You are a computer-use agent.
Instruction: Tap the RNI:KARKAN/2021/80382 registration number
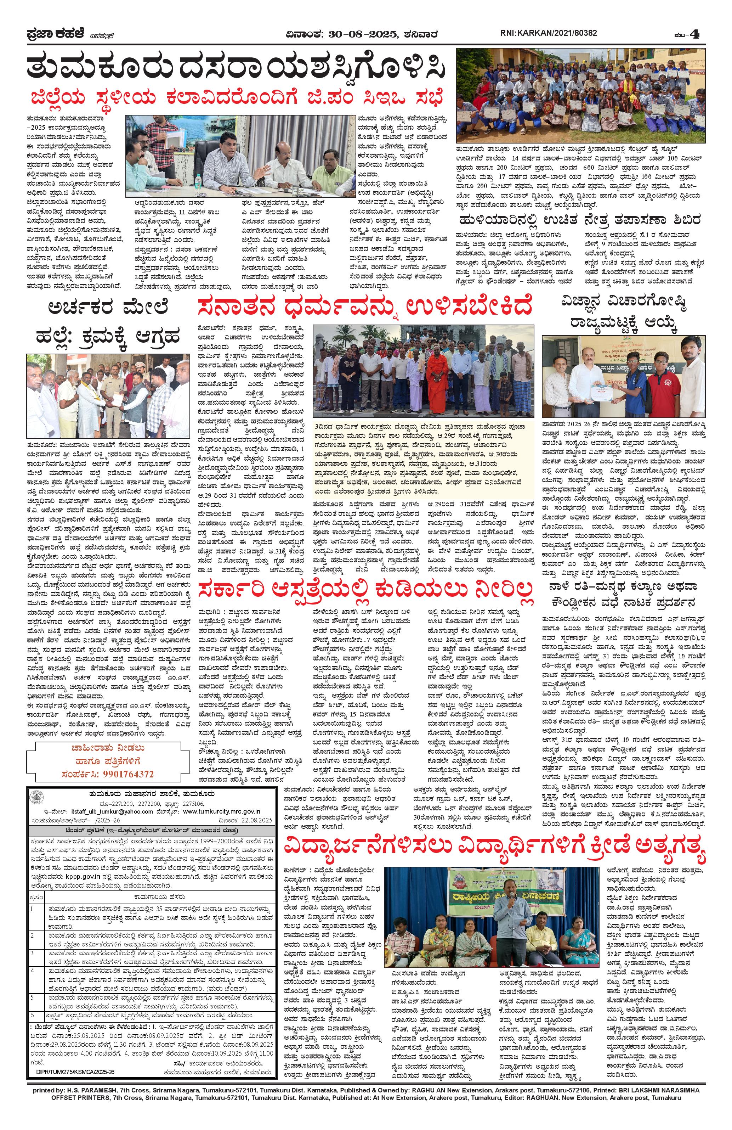549,33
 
